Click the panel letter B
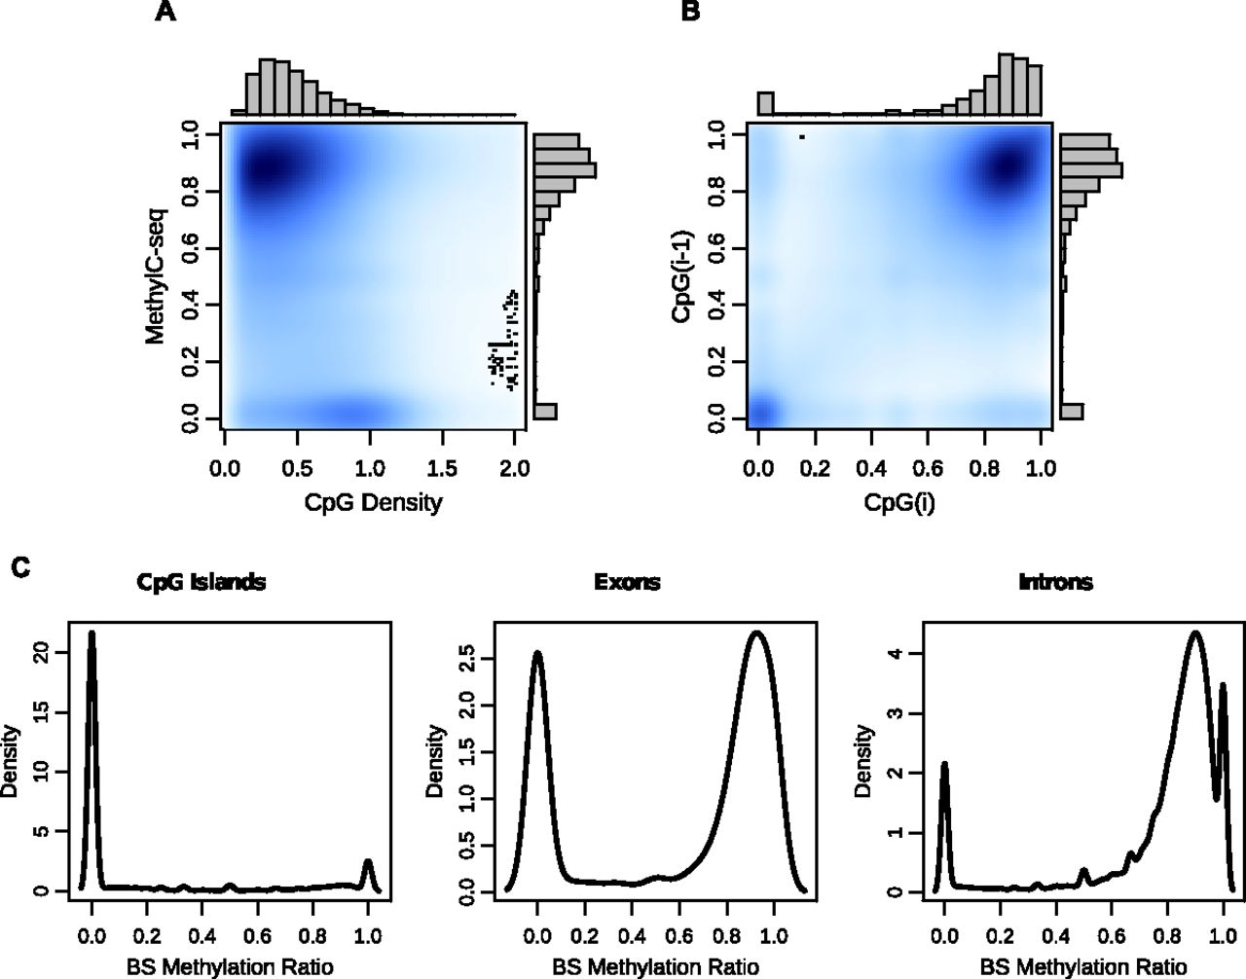689,14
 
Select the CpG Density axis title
373,503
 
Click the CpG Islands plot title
202,583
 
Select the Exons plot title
627,583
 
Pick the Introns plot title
1055,583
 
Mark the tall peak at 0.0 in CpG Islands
92,635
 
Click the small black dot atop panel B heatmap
801,136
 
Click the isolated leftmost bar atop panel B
765,103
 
